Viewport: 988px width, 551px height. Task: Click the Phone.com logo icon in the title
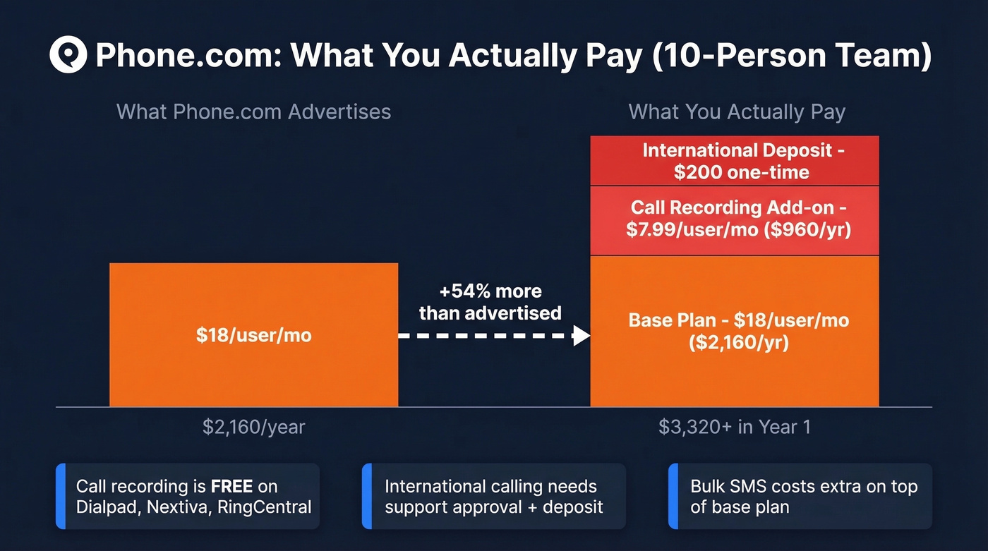(68, 55)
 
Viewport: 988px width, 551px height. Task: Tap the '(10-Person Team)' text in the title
(791, 55)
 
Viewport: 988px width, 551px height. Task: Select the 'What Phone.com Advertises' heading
(253, 111)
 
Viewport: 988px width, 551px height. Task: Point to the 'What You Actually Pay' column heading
(737, 111)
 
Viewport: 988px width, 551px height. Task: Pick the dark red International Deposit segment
(734, 161)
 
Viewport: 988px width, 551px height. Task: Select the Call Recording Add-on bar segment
(734, 219)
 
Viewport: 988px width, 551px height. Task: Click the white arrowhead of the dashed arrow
(581, 336)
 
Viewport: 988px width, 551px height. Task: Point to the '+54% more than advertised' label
(490, 302)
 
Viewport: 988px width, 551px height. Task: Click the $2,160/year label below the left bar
(253, 428)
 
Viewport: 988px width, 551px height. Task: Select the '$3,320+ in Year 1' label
(735, 428)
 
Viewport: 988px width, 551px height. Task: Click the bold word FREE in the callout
(231, 486)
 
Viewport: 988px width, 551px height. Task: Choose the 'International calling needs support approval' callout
(493, 496)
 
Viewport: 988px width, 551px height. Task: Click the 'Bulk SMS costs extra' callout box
(800, 496)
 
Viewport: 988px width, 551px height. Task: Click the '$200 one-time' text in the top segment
(742, 172)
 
